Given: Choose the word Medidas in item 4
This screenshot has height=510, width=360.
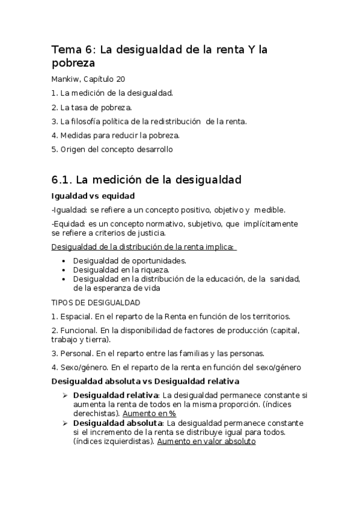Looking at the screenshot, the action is [76, 135].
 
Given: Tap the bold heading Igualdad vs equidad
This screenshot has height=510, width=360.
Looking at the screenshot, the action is [93, 196].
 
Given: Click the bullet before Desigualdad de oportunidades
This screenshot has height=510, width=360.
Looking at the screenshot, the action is [64, 261].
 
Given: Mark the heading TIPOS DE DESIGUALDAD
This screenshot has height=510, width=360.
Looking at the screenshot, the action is [96, 302].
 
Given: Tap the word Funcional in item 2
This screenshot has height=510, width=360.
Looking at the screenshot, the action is [79, 330].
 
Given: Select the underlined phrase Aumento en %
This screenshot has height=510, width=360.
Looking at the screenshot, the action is [150, 413].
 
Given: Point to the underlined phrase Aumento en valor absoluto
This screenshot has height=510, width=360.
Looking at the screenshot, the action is [206, 441].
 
